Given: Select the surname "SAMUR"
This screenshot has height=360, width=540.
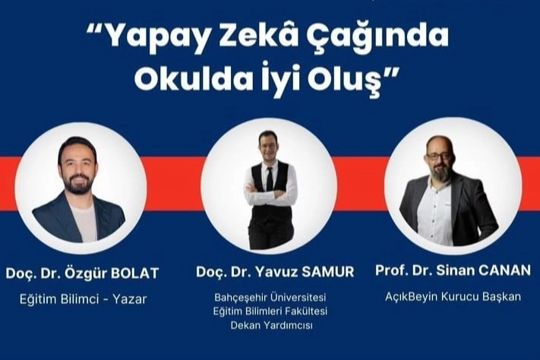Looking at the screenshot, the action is (328, 272).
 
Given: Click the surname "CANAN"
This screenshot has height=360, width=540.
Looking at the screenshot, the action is (504, 270).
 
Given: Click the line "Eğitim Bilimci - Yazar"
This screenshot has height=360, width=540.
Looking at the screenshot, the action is (84, 299).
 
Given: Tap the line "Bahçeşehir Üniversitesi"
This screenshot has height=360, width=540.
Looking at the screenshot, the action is (270, 297).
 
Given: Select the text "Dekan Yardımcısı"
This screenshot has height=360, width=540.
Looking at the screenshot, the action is (272, 325).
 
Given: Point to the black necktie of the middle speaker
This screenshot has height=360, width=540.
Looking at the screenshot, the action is (270, 178).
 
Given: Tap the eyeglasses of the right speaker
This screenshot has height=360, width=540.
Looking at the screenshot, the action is (439, 156).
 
